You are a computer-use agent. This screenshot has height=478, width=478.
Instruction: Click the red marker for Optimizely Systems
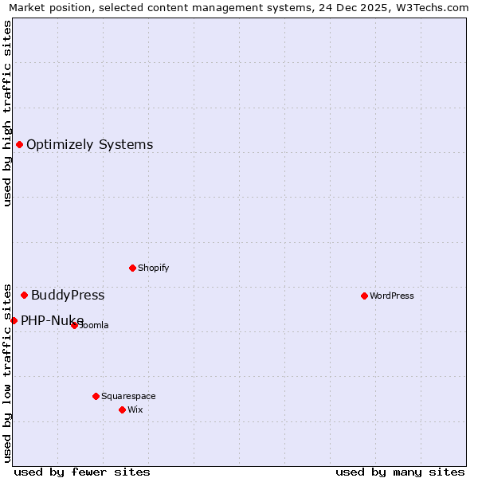coord(19,144)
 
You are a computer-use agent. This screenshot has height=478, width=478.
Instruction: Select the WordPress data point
coord(364,296)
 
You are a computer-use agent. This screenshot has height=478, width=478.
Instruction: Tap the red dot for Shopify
coord(132,268)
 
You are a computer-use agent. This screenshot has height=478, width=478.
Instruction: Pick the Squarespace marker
coord(96,396)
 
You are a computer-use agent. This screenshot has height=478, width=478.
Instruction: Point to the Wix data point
coord(122,409)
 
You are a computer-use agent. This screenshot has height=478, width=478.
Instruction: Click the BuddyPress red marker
coord(24,295)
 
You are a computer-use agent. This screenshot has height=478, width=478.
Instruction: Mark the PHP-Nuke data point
coord(14,320)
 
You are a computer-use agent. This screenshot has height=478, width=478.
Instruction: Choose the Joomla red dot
coord(74,325)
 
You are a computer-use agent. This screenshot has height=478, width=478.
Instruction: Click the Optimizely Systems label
coord(89,144)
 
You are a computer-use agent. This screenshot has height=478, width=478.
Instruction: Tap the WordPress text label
coord(391,296)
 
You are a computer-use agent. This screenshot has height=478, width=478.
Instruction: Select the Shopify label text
coord(153,268)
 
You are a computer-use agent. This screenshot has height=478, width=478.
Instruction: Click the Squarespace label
coord(128,396)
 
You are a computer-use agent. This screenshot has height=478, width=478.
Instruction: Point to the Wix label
coord(135,409)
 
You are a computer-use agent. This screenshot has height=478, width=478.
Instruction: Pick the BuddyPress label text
coord(68,295)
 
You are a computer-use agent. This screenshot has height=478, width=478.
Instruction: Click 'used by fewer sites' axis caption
coord(82,472)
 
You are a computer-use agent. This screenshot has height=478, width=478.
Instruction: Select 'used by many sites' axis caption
coord(400,472)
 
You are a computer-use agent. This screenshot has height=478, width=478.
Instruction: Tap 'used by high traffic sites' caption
coord(7,113)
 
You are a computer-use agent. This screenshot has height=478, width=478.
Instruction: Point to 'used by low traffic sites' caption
coord(7,372)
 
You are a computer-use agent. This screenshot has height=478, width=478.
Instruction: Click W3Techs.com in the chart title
coord(436,8)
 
